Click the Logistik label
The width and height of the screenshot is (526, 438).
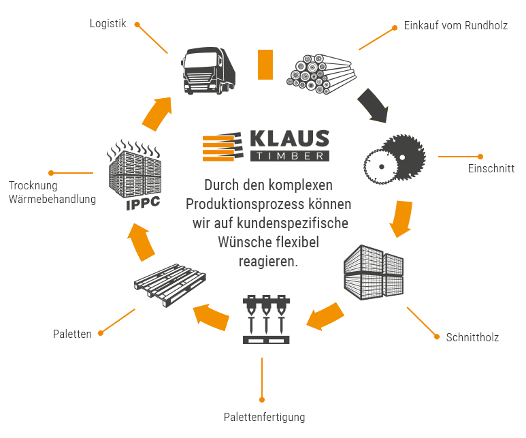point(108,23)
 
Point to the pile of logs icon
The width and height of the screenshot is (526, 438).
point(319,72)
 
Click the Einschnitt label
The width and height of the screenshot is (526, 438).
point(491,168)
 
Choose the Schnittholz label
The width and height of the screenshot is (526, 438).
point(472,337)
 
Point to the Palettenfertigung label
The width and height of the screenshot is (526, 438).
point(264,417)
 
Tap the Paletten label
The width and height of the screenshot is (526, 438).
point(72,334)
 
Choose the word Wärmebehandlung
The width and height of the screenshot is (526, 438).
point(52,199)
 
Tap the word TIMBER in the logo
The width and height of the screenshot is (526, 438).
point(289,156)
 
